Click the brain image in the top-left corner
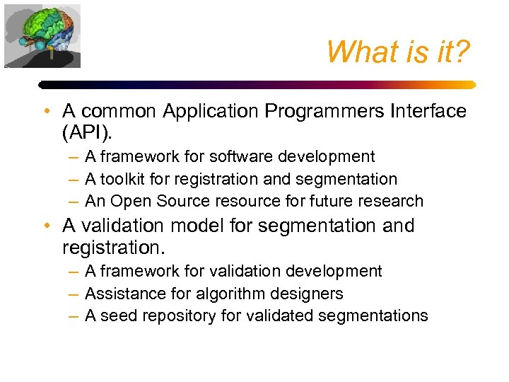[42, 35]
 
